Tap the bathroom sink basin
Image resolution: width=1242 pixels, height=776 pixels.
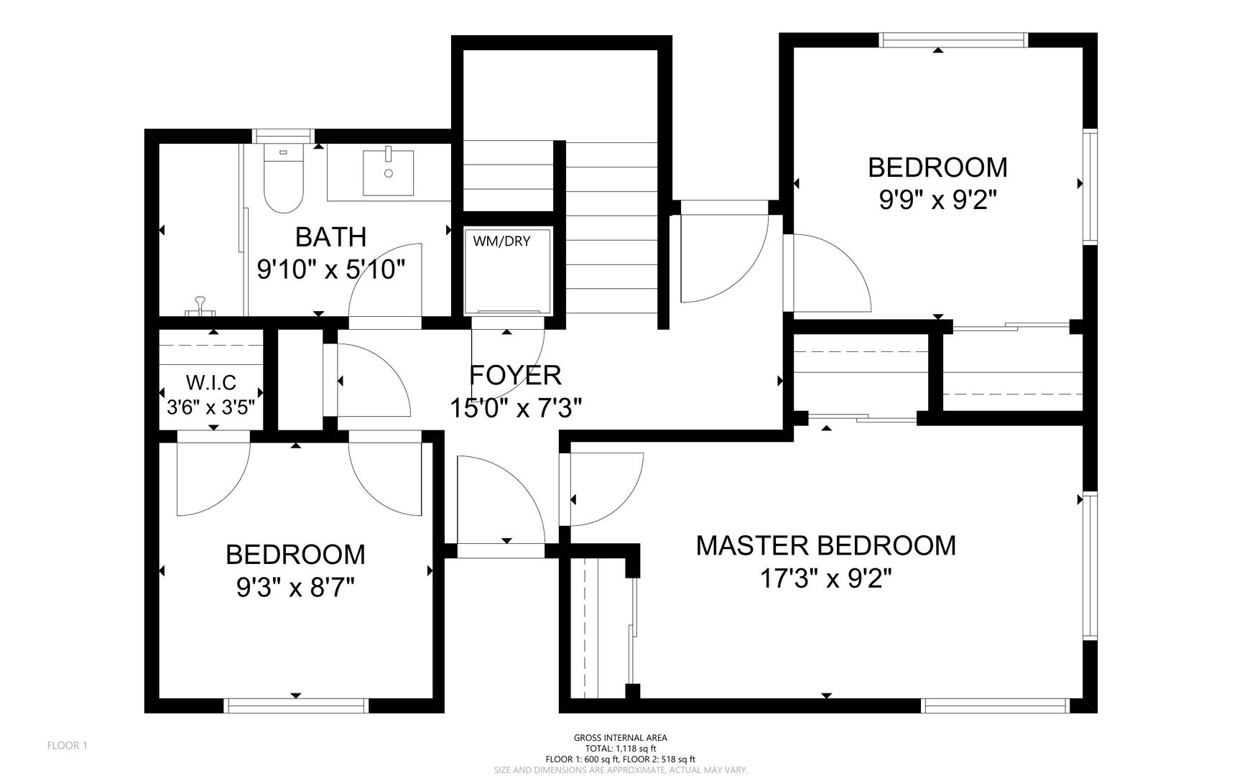click(388, 172)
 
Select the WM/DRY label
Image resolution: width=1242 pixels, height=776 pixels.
click(501, 241)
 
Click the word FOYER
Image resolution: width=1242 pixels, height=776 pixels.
click(515, 375)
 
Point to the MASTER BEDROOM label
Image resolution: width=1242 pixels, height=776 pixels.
click(826, 545)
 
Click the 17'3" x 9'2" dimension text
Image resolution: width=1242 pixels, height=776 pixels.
click(826, 578)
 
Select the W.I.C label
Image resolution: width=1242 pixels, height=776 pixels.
click(211, 383)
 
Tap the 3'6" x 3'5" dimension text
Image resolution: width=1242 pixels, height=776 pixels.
click(211, 408)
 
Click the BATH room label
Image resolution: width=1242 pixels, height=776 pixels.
click(331, 236)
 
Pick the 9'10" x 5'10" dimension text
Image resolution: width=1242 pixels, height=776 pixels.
click(331, 269)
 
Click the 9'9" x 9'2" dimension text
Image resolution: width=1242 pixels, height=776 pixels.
click(938, 200)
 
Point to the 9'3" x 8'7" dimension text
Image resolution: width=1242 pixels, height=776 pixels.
click(296, 588)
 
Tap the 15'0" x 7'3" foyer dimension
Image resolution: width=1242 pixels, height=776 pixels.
click(515, 408)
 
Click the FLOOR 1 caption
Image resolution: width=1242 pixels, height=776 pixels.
click(67, 746)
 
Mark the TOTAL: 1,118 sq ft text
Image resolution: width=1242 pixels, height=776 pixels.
click(621, 749)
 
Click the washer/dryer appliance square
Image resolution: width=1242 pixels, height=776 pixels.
click(507, 271)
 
